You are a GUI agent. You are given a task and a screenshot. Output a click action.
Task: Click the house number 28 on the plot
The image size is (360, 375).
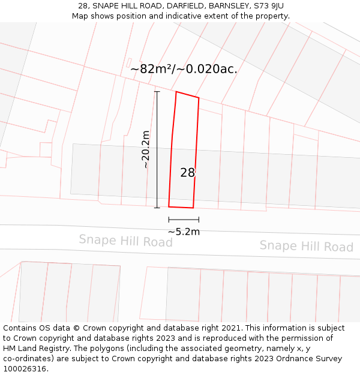click(x=188, y=173)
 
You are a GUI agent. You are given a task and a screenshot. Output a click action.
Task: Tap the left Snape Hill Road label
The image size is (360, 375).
click(x=125, y=241)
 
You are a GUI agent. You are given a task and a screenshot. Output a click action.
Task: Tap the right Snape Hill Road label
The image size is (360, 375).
click(x=306, y=246)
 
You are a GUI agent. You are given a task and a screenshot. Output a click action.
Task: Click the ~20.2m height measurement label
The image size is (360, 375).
click(x=145, y=149)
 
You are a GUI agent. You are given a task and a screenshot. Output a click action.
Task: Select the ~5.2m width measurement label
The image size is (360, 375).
click(x=184, y=232)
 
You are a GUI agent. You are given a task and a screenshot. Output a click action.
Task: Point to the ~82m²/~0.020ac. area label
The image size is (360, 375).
click(x=184, y=69)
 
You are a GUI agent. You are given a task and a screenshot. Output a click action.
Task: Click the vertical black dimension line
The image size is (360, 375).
click(x=157, y=150)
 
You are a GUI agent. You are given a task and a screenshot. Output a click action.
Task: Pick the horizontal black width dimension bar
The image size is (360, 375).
click(x=184, y=220)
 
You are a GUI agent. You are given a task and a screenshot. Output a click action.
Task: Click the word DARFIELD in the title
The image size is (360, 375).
click(x=186, y=6)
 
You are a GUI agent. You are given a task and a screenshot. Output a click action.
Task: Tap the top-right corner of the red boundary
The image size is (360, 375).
click(x=199, y=98)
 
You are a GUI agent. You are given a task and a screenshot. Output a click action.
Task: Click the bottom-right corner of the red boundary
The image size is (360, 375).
click(x=193, y=208)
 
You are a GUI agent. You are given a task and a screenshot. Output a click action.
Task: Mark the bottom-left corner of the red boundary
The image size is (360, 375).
click(x=169, y=206)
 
